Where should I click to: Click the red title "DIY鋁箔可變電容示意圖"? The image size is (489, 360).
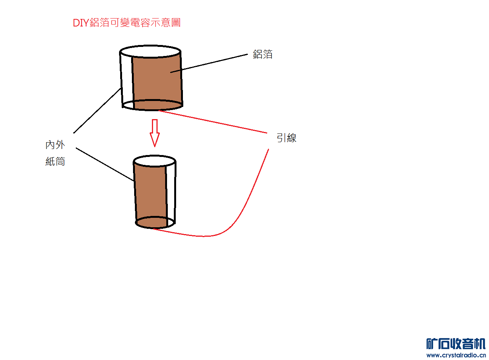pyautogui.click(x=127, y=23)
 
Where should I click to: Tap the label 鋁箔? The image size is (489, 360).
pyautogui.click(x=263, y=54)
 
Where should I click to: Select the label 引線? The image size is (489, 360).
pyautogui.click(x=286, y=138)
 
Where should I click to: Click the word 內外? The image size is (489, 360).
pyautogui.click(x=55, y=145)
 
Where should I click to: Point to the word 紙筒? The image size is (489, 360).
pyautogui.click(x=55, y=162)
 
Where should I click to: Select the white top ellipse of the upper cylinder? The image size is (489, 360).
pyautogui.click(x=150, y=51)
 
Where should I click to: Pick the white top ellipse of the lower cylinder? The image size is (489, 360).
pyautogui.click(x=155, y=161)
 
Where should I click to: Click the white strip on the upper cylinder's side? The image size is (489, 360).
pyautogui.click(x=127, y=79)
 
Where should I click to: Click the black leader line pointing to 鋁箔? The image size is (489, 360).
pyautogui.click(x=212, y=63)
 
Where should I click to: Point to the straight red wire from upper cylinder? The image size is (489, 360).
pyautogui.click(x=212, y=121)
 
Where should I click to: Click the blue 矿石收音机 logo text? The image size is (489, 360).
pyautogui.click(x=456, y=344)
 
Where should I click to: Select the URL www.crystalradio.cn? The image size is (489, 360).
pyautogui.click(x=456, y=355)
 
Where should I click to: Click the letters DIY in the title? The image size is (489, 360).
pyautogui.click(x=80, y=23)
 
